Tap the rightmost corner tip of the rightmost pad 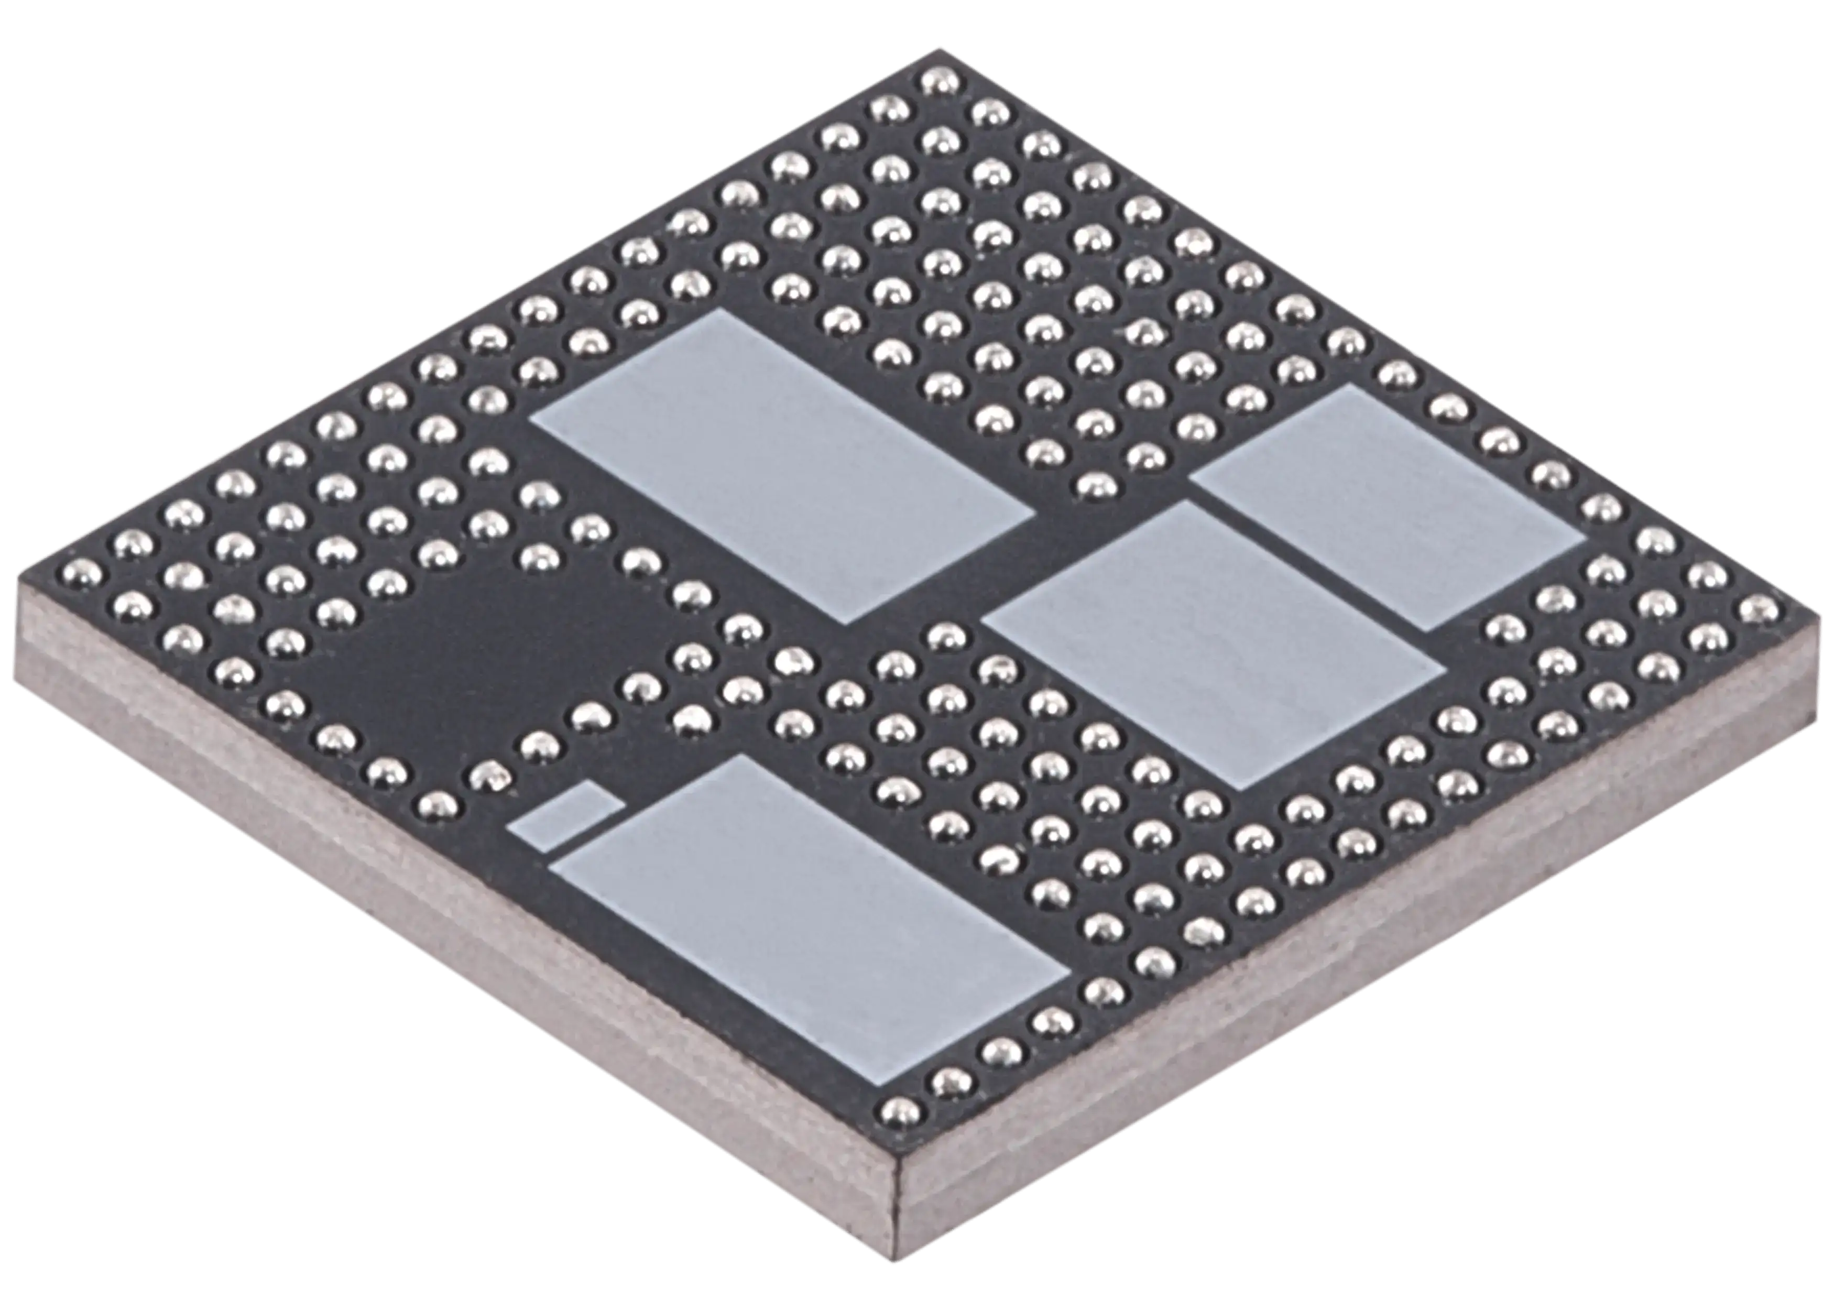(1585, 539)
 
